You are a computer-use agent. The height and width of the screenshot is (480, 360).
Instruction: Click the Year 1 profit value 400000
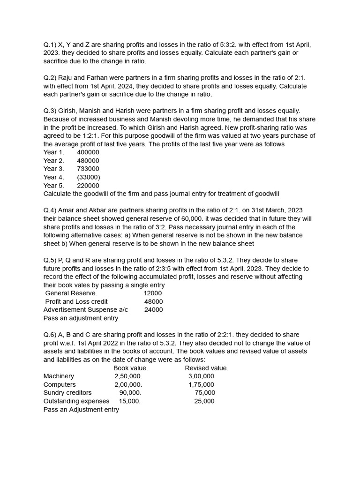pos(88,152)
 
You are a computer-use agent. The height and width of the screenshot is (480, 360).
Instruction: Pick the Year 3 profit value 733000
pos(88,169)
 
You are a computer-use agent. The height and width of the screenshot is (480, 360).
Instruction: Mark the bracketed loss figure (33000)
pos(89,177)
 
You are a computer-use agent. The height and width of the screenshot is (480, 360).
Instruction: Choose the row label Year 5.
pos(53,186)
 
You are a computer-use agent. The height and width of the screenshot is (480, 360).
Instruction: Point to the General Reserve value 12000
pos(153,293)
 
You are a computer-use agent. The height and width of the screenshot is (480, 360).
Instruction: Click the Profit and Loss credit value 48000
pos(154,301)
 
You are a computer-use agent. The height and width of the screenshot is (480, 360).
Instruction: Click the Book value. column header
pos(131,368)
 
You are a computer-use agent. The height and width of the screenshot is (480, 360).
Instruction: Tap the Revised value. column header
pos(207,368)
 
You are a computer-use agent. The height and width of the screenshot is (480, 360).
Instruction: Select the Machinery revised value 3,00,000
pos(201,376)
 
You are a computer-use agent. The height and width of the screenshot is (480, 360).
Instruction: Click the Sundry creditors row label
pos(67,393)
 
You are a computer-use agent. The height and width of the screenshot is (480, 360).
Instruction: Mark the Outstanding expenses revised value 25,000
pos(204,401)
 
